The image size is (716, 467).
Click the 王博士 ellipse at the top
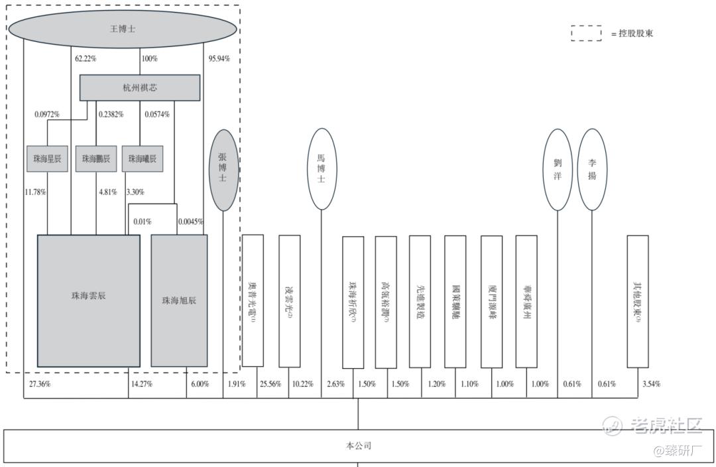123,29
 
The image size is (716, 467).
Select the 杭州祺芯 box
140,88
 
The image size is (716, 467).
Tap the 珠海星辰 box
48,159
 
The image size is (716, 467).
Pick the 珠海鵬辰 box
96,159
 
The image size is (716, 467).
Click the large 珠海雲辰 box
88,300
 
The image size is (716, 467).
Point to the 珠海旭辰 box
179,300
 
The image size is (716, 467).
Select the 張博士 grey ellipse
223,170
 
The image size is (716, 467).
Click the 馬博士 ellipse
322,169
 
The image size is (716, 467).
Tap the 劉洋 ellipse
558,170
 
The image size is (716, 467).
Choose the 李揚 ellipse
592,170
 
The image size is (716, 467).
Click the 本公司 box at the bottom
358,446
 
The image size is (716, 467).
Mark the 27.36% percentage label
40,384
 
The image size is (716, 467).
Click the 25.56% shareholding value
270,384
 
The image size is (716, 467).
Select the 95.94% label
219,58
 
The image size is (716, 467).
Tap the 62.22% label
86,58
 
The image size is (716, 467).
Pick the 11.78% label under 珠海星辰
35,192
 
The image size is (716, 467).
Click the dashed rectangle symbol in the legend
586,33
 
